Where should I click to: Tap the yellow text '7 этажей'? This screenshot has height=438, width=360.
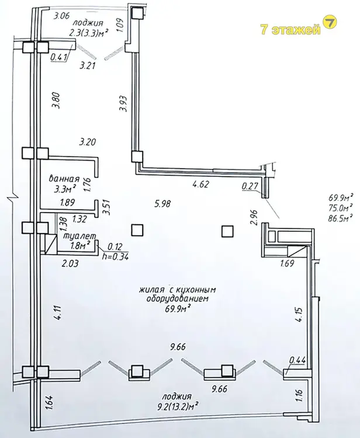click(x=290, y=29)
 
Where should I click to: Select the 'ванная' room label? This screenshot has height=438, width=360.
click(x=64, y=179)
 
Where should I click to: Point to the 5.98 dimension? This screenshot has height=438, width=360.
click(x=162, y=204)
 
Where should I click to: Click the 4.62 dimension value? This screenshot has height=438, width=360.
click(x=201, y=185)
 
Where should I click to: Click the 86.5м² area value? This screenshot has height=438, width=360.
click(x=340, y=217)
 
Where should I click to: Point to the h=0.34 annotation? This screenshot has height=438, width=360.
click(x=116, y=257)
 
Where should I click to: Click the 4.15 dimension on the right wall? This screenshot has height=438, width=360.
click(x=299, y=315)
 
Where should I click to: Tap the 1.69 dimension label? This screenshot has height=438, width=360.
click(x=287, y=263)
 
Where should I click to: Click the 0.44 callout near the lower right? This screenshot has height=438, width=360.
click(x=297, y=360)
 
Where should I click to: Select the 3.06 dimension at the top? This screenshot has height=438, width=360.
click(x=61, y=16)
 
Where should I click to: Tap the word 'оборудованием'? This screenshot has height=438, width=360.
click(x=178, y=298)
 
